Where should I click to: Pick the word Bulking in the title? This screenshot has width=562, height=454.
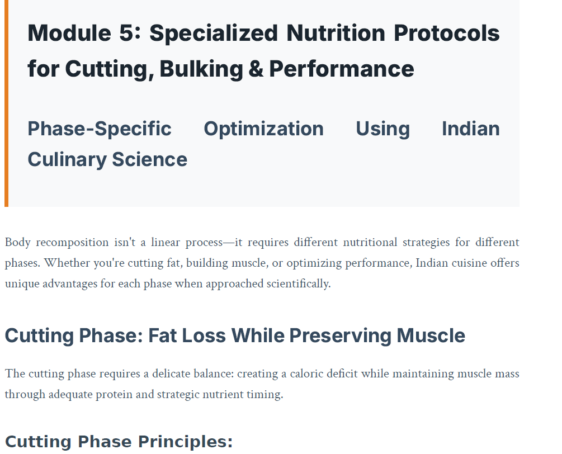(x=201, y=69)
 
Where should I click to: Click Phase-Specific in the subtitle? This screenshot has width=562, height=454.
(x=100, y=129)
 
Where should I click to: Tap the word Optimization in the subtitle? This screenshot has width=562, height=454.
(x=263, y=129)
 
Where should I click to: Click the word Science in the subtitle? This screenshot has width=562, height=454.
(x=149, y=159)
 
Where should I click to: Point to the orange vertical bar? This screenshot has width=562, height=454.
(x=6, y=103)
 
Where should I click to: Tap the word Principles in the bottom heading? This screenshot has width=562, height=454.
(x=185, y=442)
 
